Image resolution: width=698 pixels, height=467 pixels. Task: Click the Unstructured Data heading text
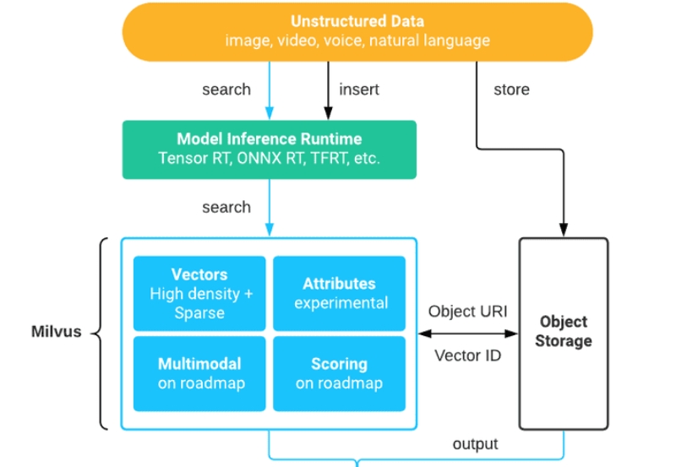tap(357, 21)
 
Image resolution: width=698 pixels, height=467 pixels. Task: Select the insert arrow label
tap(359, 89)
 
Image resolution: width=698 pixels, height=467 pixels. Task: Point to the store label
tap(511, 89)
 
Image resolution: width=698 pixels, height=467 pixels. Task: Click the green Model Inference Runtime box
tap(269, 149)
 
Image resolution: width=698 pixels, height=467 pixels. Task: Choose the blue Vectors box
tap(200, 292)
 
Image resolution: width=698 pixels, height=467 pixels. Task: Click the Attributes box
tap(339, 292)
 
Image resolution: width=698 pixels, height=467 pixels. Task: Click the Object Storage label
tap(563, 331)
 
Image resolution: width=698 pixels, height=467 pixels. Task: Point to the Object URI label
tap(467, 311)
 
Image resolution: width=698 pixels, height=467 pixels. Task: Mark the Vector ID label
tap(467, 355)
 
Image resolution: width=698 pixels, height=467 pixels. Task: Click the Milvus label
tap(57, 331)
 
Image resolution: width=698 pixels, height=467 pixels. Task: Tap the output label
tap(475, 443)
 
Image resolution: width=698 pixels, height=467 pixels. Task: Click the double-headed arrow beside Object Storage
tap(467, 333)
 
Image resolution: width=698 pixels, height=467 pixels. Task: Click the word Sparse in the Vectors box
tap(200, 312)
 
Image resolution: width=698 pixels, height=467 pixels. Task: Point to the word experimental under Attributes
tap(341, 302)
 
